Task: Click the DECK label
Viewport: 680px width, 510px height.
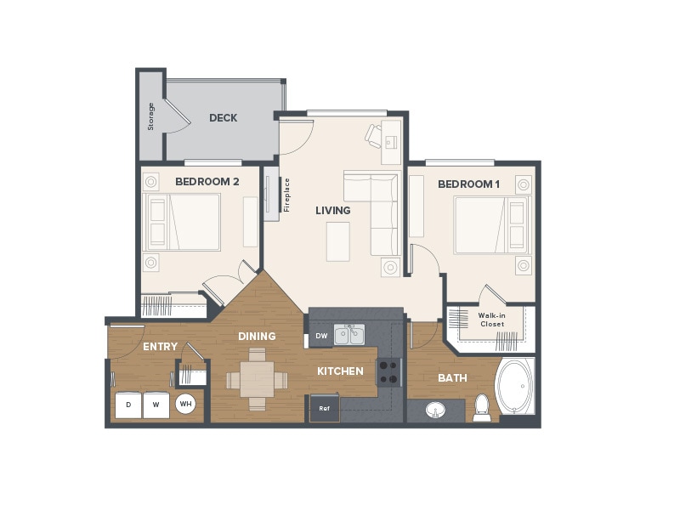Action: (x=223, y=118)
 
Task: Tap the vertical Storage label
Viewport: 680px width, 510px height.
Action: (x=151, y=116)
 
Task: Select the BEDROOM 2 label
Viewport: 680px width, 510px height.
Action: (x=207, y=182)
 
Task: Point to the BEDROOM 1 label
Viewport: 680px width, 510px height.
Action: (x=469, y=184)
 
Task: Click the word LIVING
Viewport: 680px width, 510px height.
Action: (x=332, y=210)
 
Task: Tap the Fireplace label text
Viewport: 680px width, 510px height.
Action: (x=286, y=195)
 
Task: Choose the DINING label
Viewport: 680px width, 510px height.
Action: (x=257, y=337)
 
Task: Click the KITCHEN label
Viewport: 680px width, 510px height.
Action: (x=340, y=371)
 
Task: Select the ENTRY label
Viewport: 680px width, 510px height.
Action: (x=160, y=347)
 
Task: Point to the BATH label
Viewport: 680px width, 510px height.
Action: (x=452, y=378)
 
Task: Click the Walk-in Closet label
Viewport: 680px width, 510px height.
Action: (x=491, y=320)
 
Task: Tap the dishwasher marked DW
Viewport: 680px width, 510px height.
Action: (x=320, y=336)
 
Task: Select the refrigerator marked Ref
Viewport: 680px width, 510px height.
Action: (x=324, y=409)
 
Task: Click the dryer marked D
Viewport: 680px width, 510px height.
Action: (x=128, y=405)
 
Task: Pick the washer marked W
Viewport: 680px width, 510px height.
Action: (x=156, y=405)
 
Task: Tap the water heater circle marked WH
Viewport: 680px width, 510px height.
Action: (x=185, y=405)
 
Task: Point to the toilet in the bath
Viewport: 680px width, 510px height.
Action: (x=483, y=407)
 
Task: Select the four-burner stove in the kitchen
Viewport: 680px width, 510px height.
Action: (x=388, y=372)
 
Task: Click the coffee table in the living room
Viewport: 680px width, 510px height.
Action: (x=337, y=241)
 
